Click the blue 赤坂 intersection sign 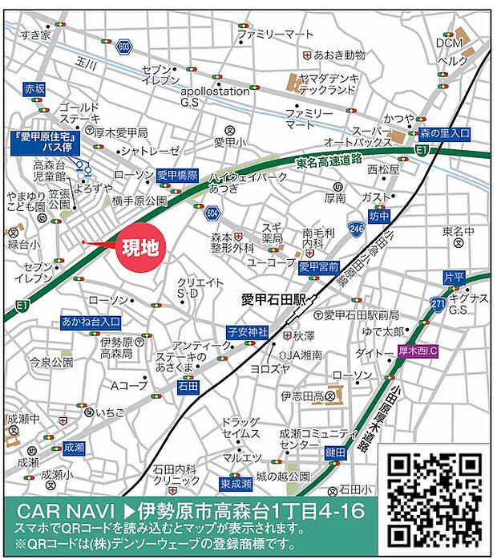click(35, 88)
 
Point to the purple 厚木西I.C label click(423, 351)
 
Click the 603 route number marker click(123, 48)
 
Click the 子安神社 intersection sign click(246, 331)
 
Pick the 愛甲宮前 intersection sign click(321, 266)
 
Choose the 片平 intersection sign click(454, 277)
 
